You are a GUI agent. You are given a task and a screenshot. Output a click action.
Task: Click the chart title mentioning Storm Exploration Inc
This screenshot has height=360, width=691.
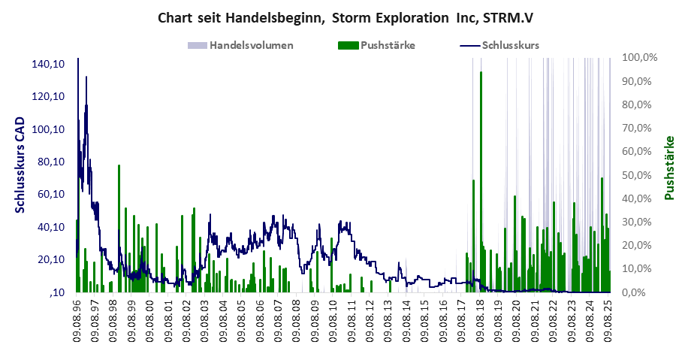coord(345,17)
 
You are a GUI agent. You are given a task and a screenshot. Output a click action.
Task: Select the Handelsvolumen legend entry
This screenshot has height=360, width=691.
coord(251,45)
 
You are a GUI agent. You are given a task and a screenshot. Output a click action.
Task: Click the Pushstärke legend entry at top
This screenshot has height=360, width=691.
coord(388,45)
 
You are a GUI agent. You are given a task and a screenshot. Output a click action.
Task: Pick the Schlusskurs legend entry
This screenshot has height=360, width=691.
coord(510,45)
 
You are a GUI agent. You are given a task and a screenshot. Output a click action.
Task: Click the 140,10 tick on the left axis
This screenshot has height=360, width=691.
coord(47,64)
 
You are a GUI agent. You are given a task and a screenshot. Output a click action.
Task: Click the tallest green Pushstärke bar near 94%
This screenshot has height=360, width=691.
coord(481,180)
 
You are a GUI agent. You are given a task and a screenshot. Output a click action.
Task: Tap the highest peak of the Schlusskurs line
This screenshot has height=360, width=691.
coord(86,77)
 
